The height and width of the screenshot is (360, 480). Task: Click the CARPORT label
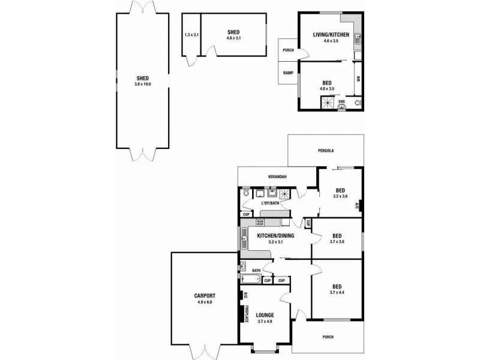(205, 296)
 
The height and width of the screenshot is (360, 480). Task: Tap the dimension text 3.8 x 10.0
(143, 84)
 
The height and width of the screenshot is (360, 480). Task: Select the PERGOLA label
(325, 151)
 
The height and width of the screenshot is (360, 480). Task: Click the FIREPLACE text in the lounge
(247, 314)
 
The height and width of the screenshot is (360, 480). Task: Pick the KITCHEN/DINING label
(275, 236)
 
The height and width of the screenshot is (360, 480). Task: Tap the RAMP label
(288, 73)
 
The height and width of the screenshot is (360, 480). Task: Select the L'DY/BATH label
(270, 203)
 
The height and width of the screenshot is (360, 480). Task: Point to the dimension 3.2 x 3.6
(341, 196)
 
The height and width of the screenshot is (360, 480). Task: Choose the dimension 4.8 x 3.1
(233, 38)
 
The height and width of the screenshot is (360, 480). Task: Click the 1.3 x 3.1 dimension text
(191, 35)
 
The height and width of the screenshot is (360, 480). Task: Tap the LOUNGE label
(265, 314)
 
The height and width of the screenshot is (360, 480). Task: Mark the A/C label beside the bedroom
(357, 205)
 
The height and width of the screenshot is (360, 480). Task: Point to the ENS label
(342, 102)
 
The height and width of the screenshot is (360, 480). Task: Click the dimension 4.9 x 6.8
(205, 302)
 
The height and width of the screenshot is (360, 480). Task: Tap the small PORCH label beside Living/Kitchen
(288, 50)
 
